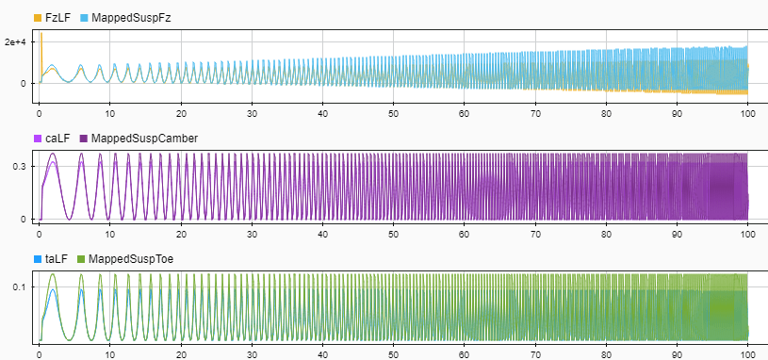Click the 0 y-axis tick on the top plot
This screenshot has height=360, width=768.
point(27,83)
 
